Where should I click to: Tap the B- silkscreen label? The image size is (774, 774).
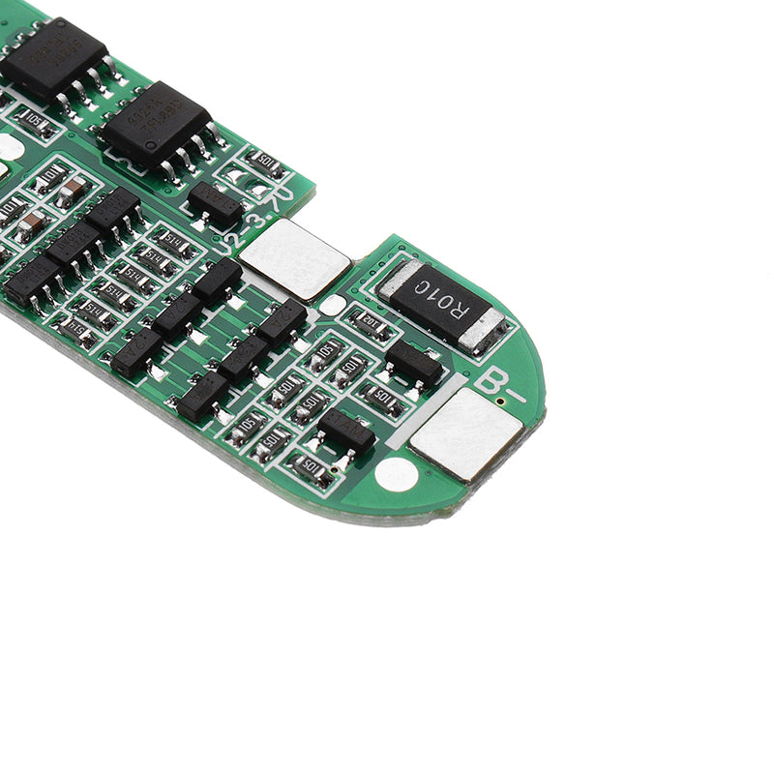click(498, 385)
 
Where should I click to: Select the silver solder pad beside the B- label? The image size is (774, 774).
click(465, 433)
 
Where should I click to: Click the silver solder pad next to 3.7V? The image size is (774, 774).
click(294, 258)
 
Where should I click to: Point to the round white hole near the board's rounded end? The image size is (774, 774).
click(396, 473)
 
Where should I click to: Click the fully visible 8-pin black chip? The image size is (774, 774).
click(155, 124)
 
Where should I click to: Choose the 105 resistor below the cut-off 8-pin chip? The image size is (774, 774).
click(37, 122)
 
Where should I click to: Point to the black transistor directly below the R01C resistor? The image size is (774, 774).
click(414, 363)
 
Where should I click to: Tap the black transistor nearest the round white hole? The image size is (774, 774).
click(345, 431)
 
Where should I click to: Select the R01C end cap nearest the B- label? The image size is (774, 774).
click(482, 330)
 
